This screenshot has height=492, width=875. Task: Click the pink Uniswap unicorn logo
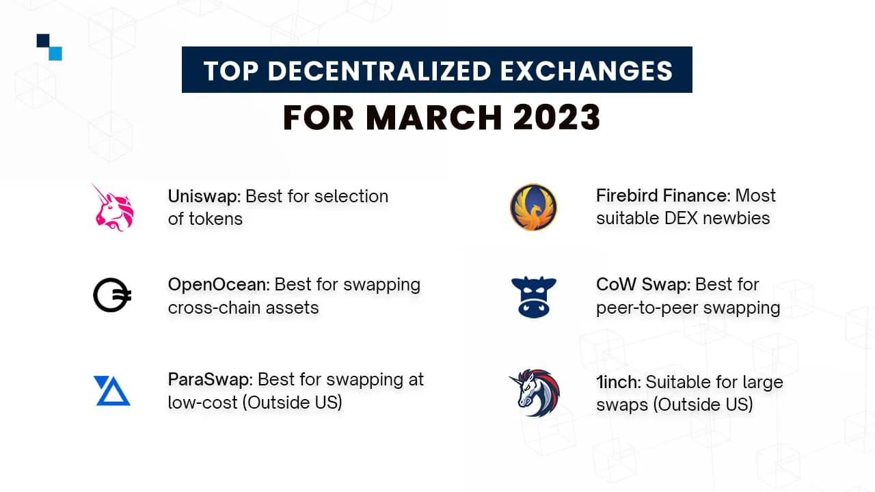point(113,207)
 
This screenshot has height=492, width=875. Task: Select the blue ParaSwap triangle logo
point(112,390)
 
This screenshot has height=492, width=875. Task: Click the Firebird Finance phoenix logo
point(533,207)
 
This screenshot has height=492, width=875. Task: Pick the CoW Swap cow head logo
point(534,297)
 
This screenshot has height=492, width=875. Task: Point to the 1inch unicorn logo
point(535,393)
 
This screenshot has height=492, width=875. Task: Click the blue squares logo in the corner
point(49,47)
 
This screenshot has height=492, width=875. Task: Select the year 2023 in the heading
point(556,118)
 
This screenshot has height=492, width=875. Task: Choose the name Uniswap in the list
point(203,196)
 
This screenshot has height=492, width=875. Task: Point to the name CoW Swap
point(642,284)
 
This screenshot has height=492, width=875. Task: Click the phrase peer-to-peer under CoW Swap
point(641,308)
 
